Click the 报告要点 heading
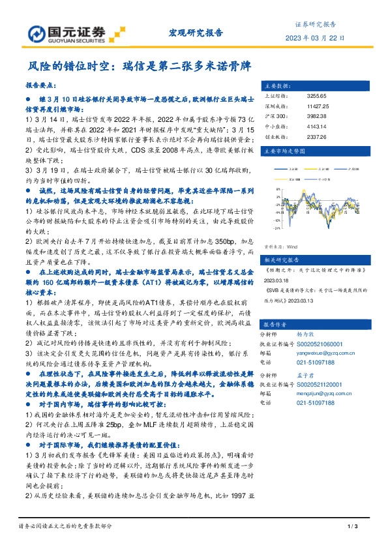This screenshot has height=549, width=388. pyautogui.click(x=40, y=86)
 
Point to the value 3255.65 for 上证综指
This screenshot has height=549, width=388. pyautogui.click(x=318, y=96)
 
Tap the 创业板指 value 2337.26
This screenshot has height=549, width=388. pyautogui.click(x=318, y=138)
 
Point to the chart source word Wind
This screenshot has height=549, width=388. pyautogui.click(x=291, y=247)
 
